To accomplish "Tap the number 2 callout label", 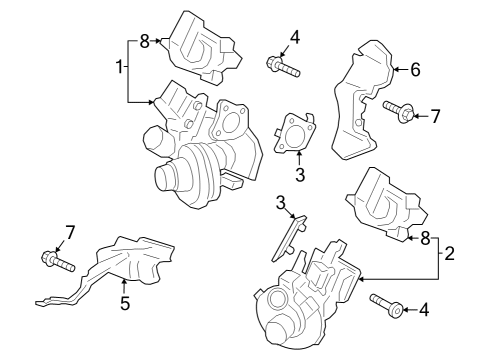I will pos(450,254).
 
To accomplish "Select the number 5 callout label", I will pos(125,303).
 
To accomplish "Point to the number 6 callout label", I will pos(416,69).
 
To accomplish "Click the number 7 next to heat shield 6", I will pos(434,116).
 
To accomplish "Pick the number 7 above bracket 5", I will pos(69,233).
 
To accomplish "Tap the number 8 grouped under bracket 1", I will pos(144,42).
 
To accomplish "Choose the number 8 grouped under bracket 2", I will pos(426,238).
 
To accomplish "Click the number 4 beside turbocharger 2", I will pos(423,310).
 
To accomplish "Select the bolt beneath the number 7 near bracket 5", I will pos(58,263).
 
